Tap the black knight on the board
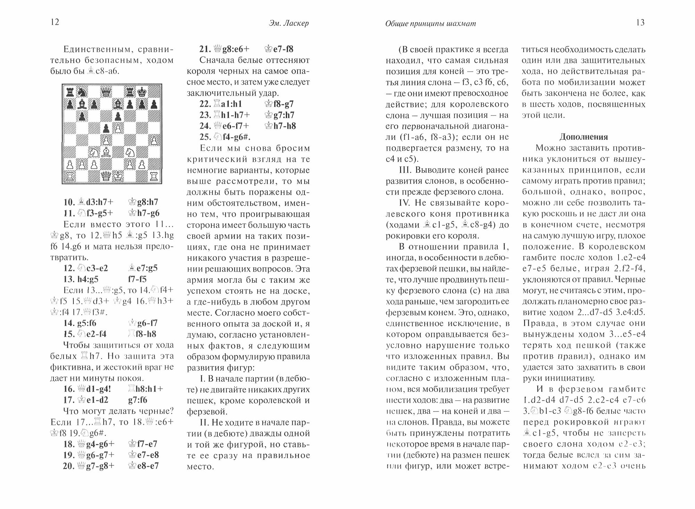coord(82,92)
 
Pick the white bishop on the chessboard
coord(106,152)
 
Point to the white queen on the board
coord(106,176)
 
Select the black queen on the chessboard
coord(106,92)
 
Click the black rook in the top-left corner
coord(70,92)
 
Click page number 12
coord(55,23)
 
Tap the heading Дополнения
coord(583,137)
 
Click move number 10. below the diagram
coord(69,202)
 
